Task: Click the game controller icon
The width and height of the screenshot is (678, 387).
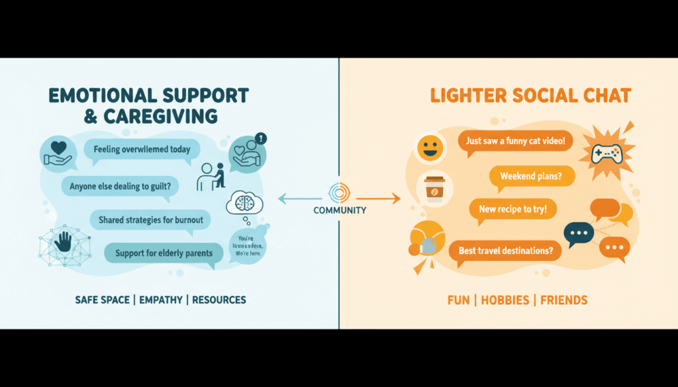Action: (x=605, y=151)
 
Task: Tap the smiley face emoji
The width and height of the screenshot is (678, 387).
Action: (x=430, y=146)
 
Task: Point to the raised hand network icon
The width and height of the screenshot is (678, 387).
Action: (x=64, y=243)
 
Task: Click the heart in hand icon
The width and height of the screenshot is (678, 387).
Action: (x=57, y=152)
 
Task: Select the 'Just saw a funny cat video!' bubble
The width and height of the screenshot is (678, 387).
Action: (x=514, y=142)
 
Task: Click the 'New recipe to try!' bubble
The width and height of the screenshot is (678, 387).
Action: (x=512, y=210)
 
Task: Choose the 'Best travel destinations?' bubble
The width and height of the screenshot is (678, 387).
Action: (x=505, y=251)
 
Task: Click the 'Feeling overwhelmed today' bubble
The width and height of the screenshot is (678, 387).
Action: (x=141, y=150)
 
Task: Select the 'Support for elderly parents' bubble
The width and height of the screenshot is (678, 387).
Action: (x=164, y=253)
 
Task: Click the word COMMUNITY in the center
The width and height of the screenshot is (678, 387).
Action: (x=340, y=210)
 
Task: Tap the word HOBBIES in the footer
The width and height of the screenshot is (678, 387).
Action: (x=505, y=300)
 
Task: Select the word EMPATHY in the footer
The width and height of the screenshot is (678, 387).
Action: (x=162, y=300)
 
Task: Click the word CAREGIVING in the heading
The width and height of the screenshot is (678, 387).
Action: (x=160, y=116)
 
